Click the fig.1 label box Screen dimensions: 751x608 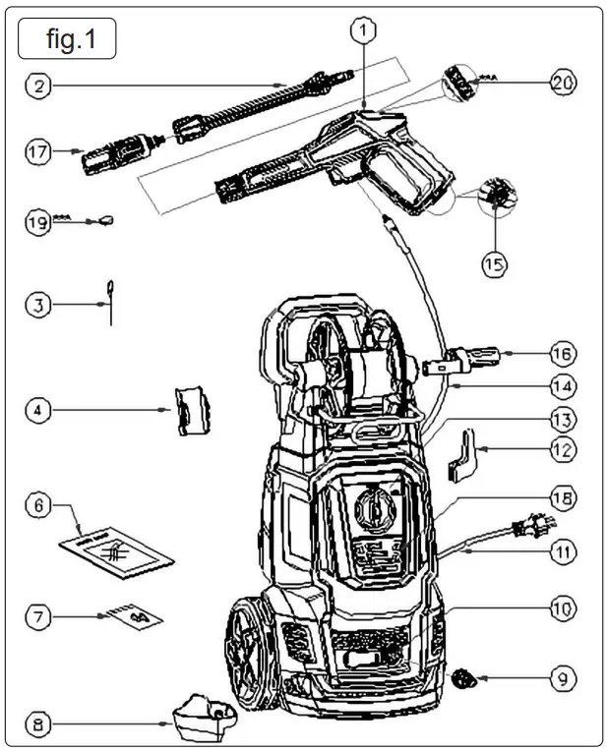click(x=67, y=39)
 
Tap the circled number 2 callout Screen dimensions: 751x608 click(x=38, y=86)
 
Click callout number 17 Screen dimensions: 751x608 click(x=38, y=151)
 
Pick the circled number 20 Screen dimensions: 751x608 click(x=563, y=83)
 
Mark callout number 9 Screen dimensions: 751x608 click(x=563, y=678)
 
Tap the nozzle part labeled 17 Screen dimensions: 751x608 click(x=113, y=153)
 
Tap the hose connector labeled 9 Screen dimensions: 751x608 click(x=465, y=677)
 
